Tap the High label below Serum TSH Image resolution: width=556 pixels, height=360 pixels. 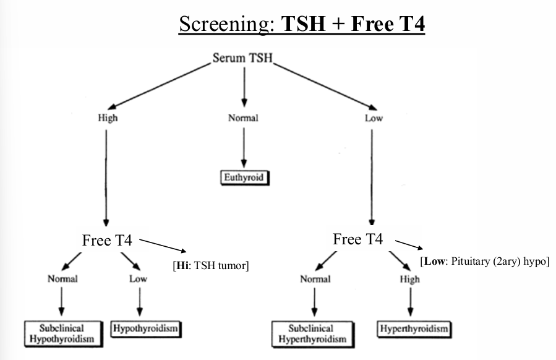coord(108,119)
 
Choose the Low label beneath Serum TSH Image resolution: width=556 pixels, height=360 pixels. coord(374,119)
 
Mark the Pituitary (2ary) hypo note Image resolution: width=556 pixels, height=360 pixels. coord(484,262)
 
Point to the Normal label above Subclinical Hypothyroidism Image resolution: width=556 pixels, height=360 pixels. coord(62,279)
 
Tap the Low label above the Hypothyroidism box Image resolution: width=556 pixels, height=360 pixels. coord(138,279)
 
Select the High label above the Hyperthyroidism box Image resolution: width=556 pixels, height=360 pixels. coord(409,279)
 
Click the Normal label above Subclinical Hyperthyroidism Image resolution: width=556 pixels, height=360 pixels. coord(315,279)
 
